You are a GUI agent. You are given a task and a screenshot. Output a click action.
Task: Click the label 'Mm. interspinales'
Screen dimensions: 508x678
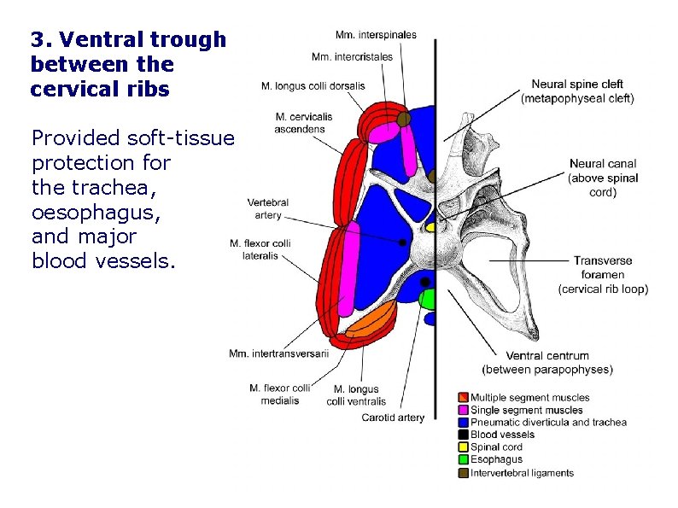[x=376, y=35]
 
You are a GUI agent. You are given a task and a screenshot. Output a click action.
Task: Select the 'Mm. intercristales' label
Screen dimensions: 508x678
[x=353, y=57]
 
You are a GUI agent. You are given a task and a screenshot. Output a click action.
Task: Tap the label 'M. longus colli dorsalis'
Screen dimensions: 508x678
[x=313, y=85]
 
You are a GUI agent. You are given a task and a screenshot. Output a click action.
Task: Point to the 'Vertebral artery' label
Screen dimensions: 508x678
[x=267, y=209]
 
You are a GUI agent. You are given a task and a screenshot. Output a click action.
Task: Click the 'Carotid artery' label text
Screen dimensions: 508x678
[x=393, y=417]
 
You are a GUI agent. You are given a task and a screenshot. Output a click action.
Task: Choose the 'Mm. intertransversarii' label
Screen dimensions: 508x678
[x=278, y=353]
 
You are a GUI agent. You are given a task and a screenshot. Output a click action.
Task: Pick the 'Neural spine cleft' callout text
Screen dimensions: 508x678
[x=577, y=91]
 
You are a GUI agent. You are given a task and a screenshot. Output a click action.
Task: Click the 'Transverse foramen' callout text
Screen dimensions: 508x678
[x=603, y=275]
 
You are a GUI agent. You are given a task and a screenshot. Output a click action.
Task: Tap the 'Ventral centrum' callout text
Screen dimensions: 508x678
[x=547, y=363]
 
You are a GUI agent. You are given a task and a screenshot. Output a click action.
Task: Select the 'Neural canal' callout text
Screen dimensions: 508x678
[x=602, y=178]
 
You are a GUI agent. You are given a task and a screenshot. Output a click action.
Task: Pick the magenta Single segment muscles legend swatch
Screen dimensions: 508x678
[x=464, y=410]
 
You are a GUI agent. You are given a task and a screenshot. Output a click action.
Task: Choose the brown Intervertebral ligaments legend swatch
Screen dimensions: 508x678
[x=464, y=473]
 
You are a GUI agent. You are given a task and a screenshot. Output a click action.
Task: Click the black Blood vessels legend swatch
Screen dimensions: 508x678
[x=464, y=435]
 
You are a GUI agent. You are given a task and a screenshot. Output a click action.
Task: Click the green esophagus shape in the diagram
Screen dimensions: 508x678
[x=428, y=299]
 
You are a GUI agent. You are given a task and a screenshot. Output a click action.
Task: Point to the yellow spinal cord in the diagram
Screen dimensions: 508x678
[x=430, y=228]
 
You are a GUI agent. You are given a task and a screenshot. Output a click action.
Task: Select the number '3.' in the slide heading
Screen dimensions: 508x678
[x=38, y=39]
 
